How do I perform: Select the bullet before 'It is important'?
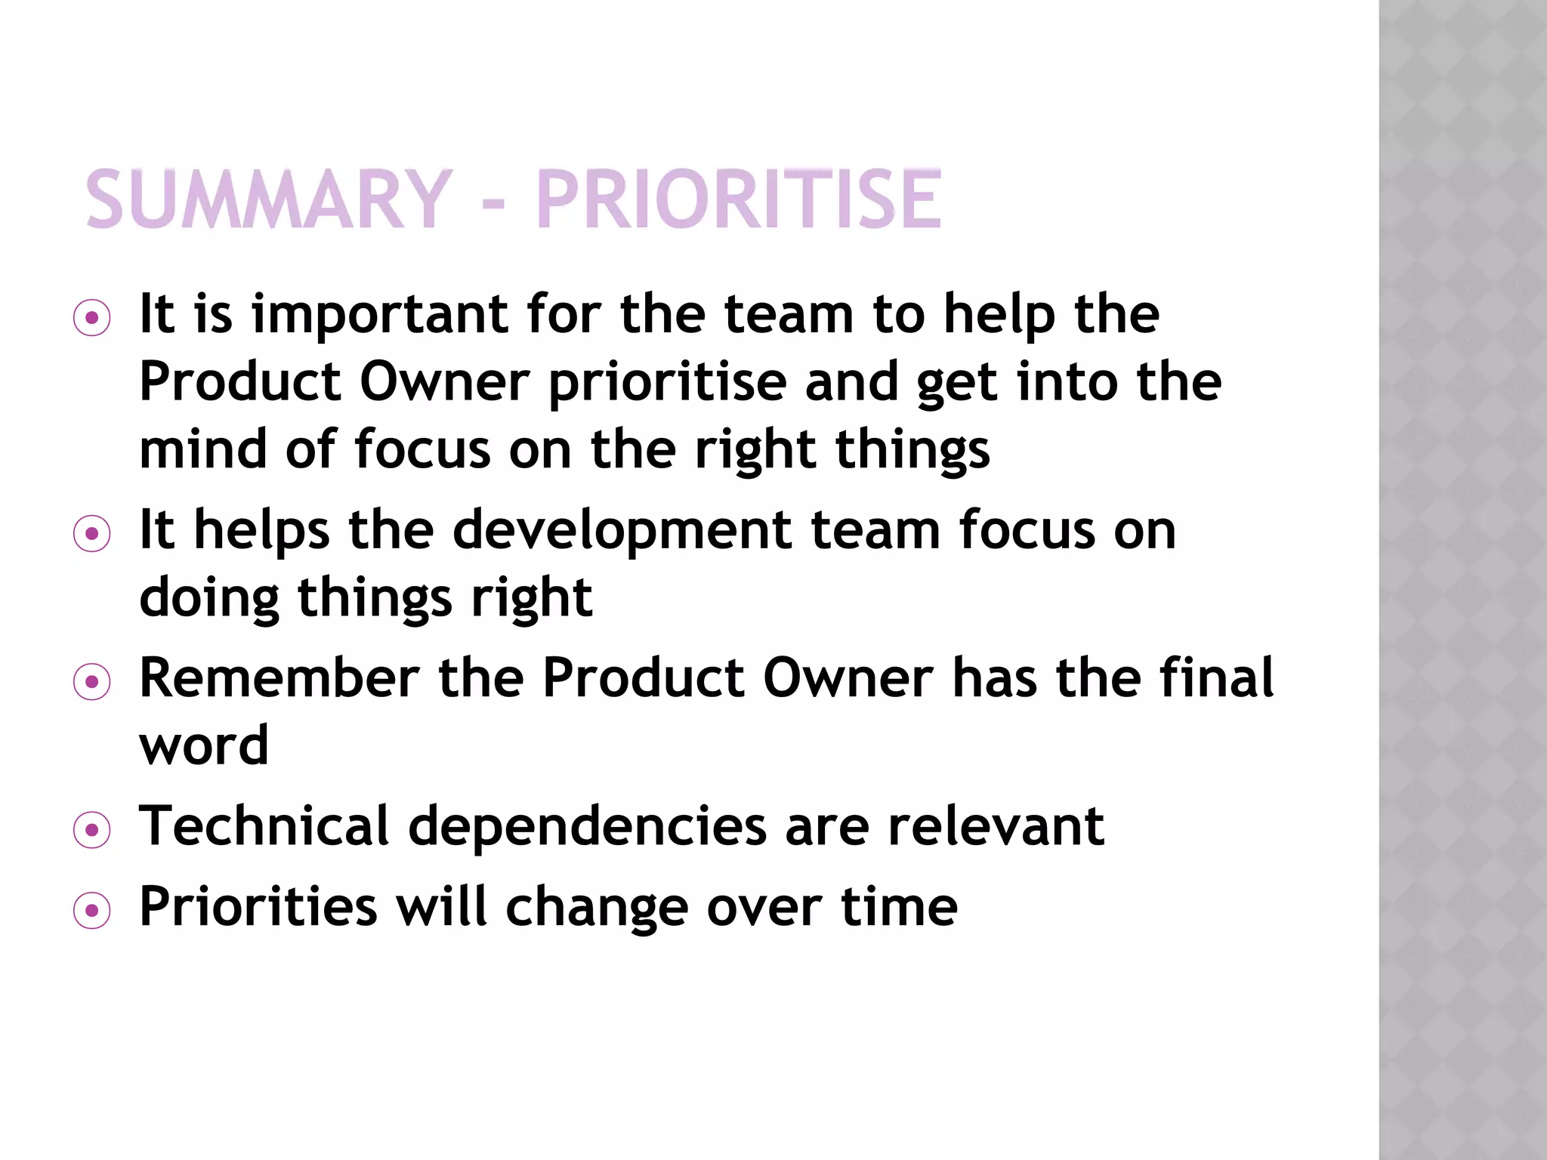pos(92,318)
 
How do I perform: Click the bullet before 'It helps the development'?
pos(92,534)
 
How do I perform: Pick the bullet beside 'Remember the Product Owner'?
pos(92,682)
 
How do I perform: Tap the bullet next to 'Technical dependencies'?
pos(92,830)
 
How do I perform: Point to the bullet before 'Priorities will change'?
pos(92,910)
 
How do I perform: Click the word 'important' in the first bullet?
pos(380,315)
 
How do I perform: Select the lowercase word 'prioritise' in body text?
pos(667,383)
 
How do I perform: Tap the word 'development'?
pos(622,530)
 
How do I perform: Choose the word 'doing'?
pos(209,598)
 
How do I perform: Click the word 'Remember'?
pos(279,677)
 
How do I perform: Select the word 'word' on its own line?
pos(204,746)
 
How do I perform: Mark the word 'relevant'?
pos(996,825)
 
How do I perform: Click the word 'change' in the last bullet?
pos(597,907)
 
